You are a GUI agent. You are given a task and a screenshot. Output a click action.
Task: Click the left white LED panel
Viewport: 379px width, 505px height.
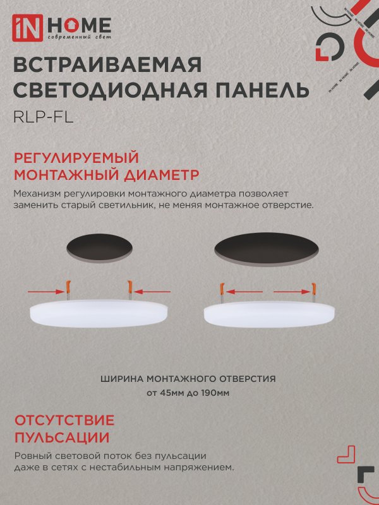click(100, 312)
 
